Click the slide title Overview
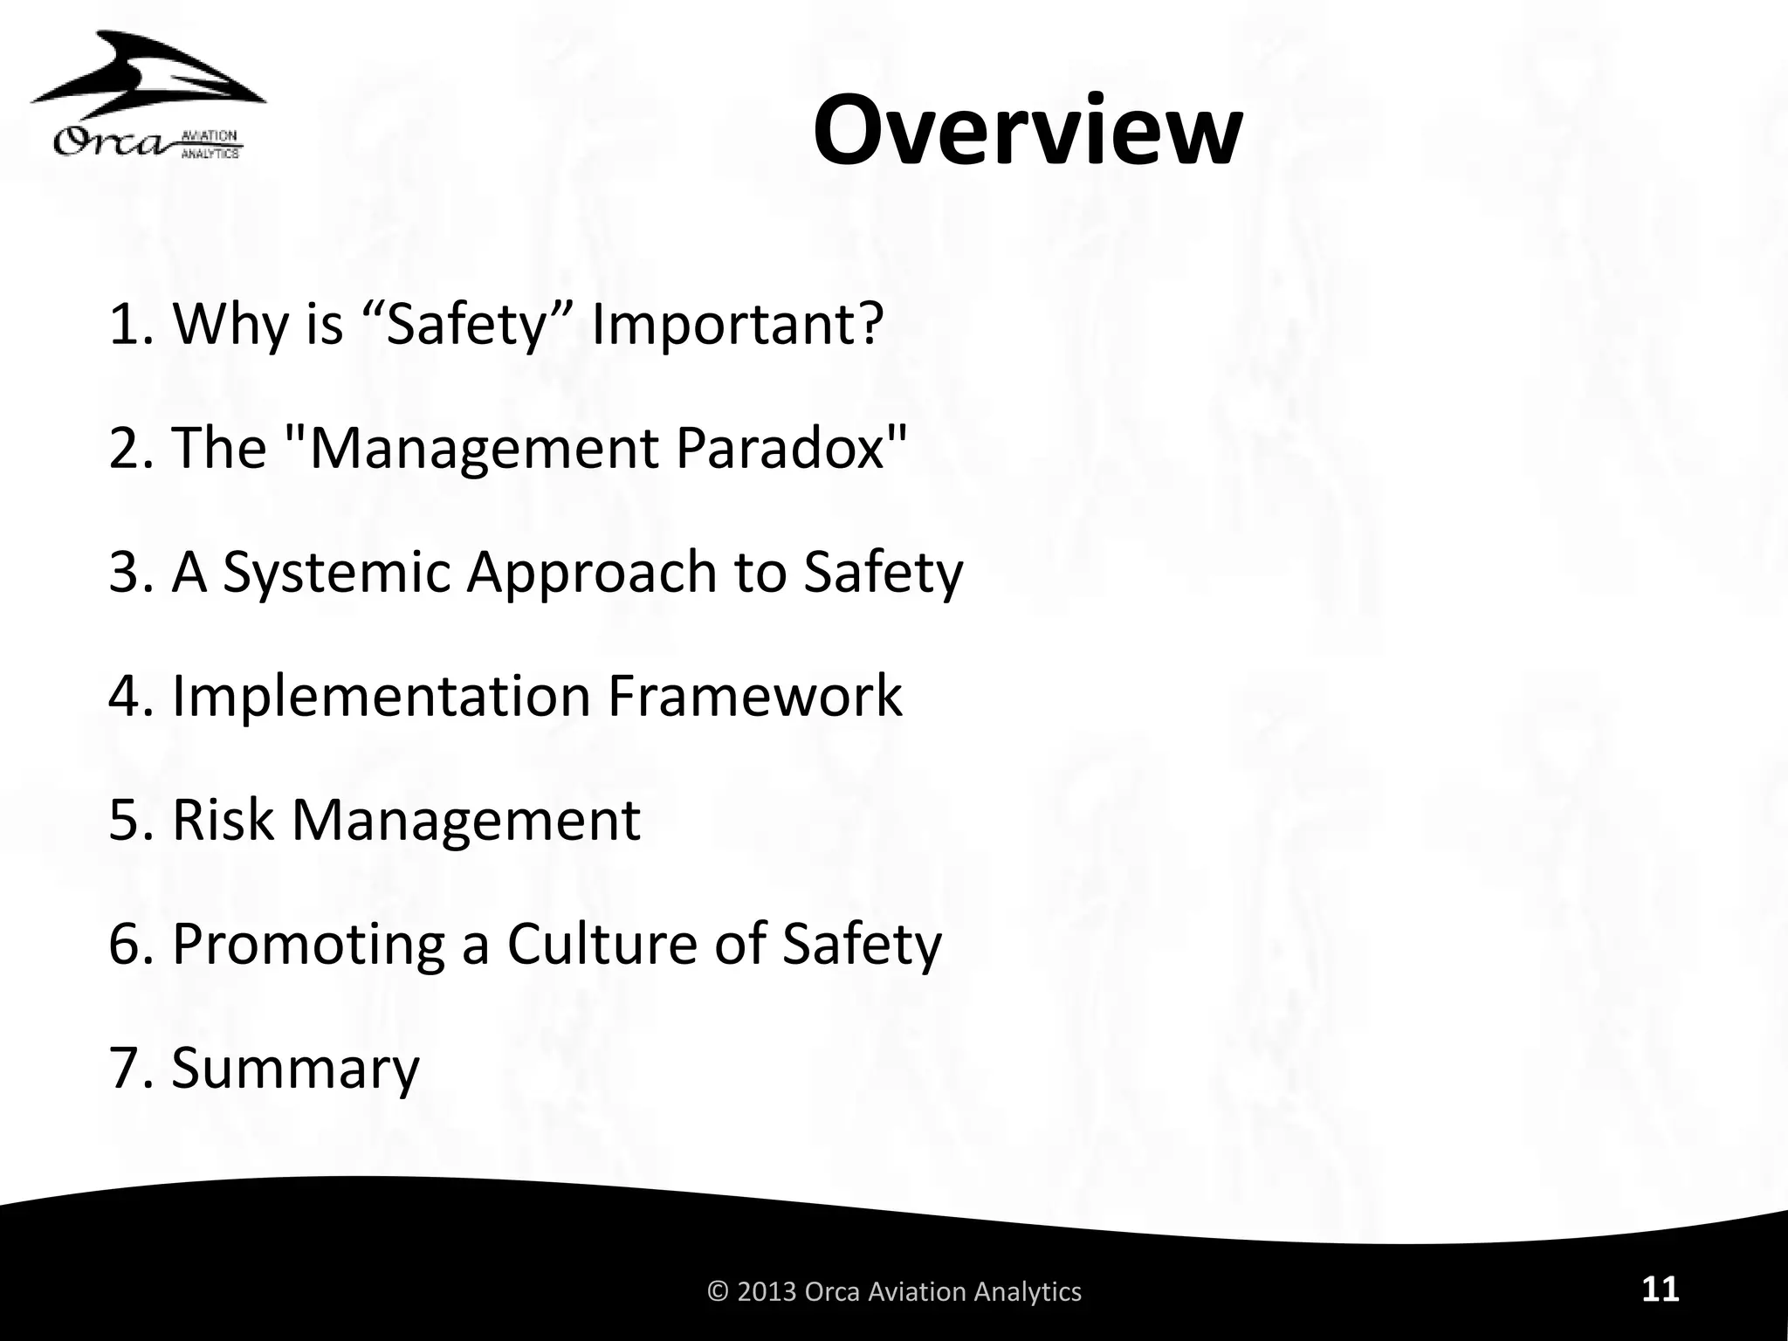pyautogui.click(x=1027, y=132)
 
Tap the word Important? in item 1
pyautogui.click(x=738, y=324)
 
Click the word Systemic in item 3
pyautogui.click(x=336, y=573)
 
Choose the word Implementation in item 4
pyautogui.click(x=382, y=696)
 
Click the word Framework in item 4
pyautogui.click(x=754, y=696)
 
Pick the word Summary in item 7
pyautogui.click(x=295, y=1069)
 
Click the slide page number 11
pyautogui.click(x=1660, y=1289)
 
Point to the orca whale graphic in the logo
pyautogui.click(x=148, y=79)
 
